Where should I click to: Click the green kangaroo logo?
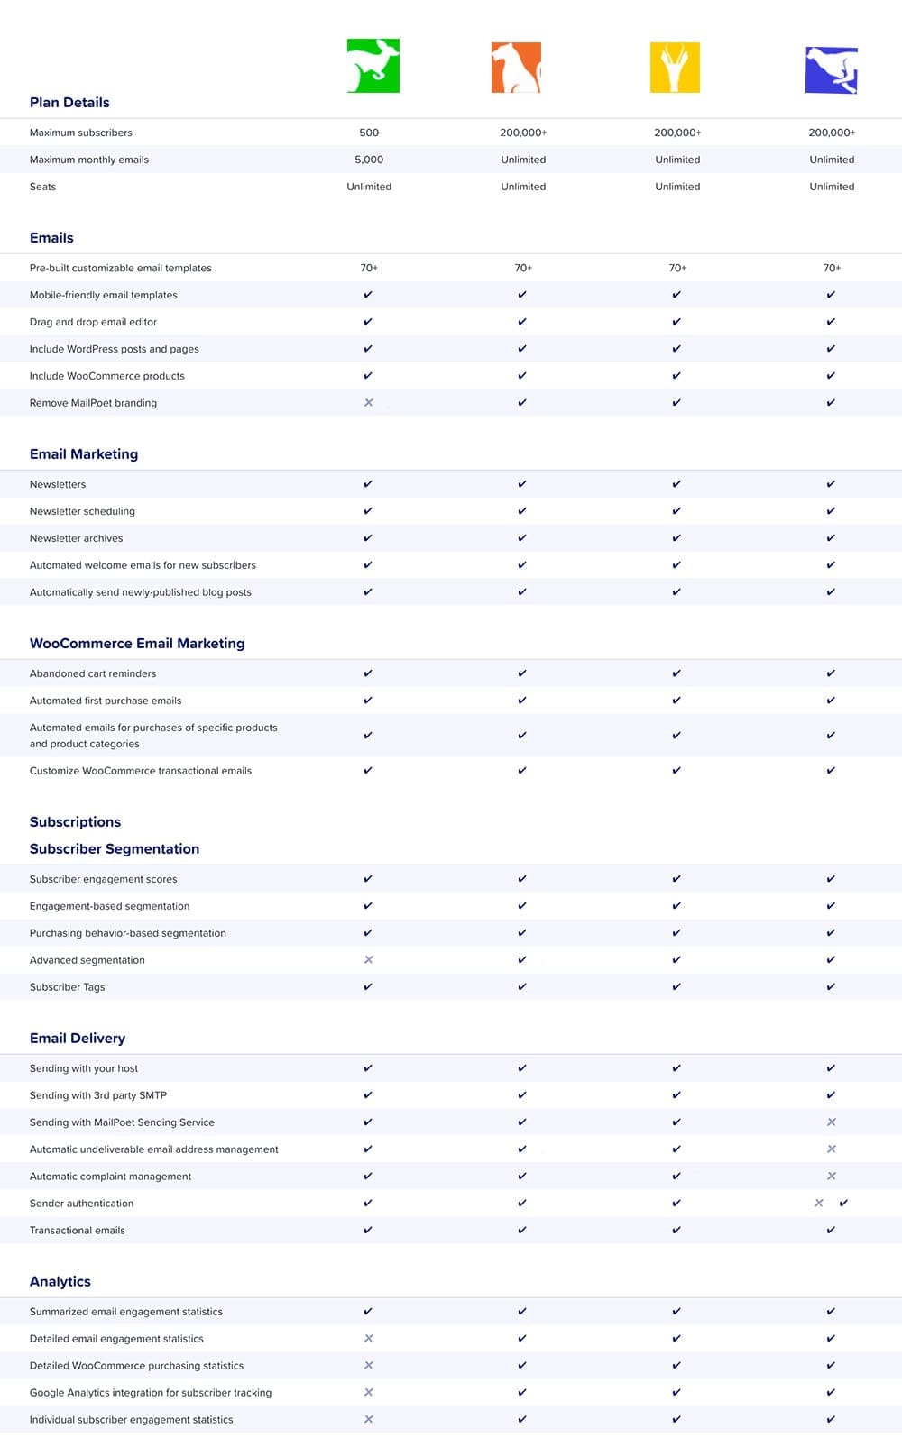373,66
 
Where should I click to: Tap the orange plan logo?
516,68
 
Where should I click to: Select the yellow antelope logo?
675,68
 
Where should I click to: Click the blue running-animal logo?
831,70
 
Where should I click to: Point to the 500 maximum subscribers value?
369,133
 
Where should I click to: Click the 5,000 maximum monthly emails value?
369,160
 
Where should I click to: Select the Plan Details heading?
69,103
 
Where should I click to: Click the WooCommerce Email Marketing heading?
137,644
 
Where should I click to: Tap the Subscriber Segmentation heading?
115,849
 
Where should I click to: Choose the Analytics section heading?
60,1282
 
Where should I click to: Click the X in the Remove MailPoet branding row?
368,403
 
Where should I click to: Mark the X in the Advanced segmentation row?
368,960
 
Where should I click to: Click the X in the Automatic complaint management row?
832,1177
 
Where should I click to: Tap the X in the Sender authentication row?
819,1204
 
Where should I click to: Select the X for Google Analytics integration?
368,1393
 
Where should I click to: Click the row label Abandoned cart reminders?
93,673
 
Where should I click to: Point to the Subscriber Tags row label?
67,987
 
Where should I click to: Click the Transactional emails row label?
78,1231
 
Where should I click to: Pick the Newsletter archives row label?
76,538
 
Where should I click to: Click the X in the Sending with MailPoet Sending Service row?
832,1122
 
